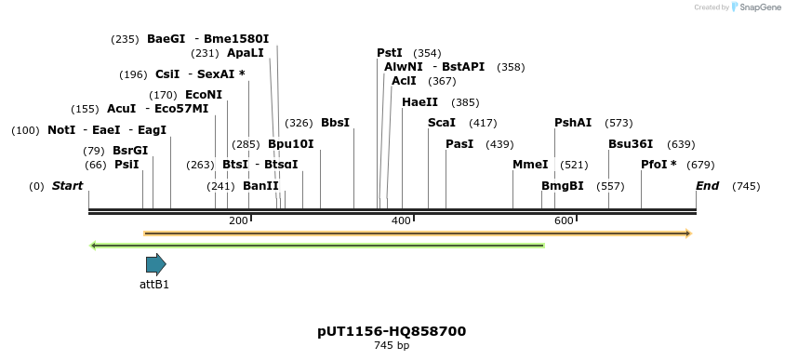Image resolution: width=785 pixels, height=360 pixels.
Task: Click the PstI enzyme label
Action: pyautogui.click(x=390, y=53)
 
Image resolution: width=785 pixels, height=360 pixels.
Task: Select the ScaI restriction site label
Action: pyautogui.click(x=442, y=123)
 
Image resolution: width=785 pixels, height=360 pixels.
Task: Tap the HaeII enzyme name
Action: pyautogui.click(x=419, y=102)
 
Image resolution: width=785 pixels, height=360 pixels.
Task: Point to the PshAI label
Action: pyautogui.click(x=573, y=123)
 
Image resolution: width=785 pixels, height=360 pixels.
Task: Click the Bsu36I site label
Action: pyautogui.click(x=631, y=144)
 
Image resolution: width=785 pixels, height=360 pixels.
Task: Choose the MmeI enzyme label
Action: pyautogui.click(x=530, y=165)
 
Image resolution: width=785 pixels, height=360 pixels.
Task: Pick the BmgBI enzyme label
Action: pyautogui.click(x=563, y=186)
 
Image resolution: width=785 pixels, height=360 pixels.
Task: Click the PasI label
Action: pyautogui.click(x=459, y=144)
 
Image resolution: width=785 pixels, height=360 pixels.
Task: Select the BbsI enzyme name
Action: pyautogui.click(x=335, y=123)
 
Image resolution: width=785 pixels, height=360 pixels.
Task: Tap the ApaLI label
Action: pyautogui.click(x=246, y=53)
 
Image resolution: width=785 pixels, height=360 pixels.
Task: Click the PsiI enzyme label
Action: pyautogui.click(x=126, y=165)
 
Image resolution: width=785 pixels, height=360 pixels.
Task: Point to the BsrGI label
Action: pyautogui.click(x=130, y=151)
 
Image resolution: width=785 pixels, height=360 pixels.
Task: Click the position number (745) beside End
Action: pyautogui.click(x=747, y=186)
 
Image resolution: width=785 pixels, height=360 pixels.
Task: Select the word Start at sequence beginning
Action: pyautogui.click(x=67, y=186)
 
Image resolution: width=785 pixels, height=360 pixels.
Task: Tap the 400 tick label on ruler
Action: pyautogui.click(x=401, y=220)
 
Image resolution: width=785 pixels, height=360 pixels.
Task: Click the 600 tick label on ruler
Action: pyautogui.click(x=564, y=220)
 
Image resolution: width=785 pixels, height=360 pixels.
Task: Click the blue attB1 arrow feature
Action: pyautogui.click(x=155, y=264)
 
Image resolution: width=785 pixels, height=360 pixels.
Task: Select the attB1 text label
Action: pyautogui.click(x=154, y=285)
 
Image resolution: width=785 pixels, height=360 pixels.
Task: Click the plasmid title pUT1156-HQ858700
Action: pyautogui.click(x=392, y=331)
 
